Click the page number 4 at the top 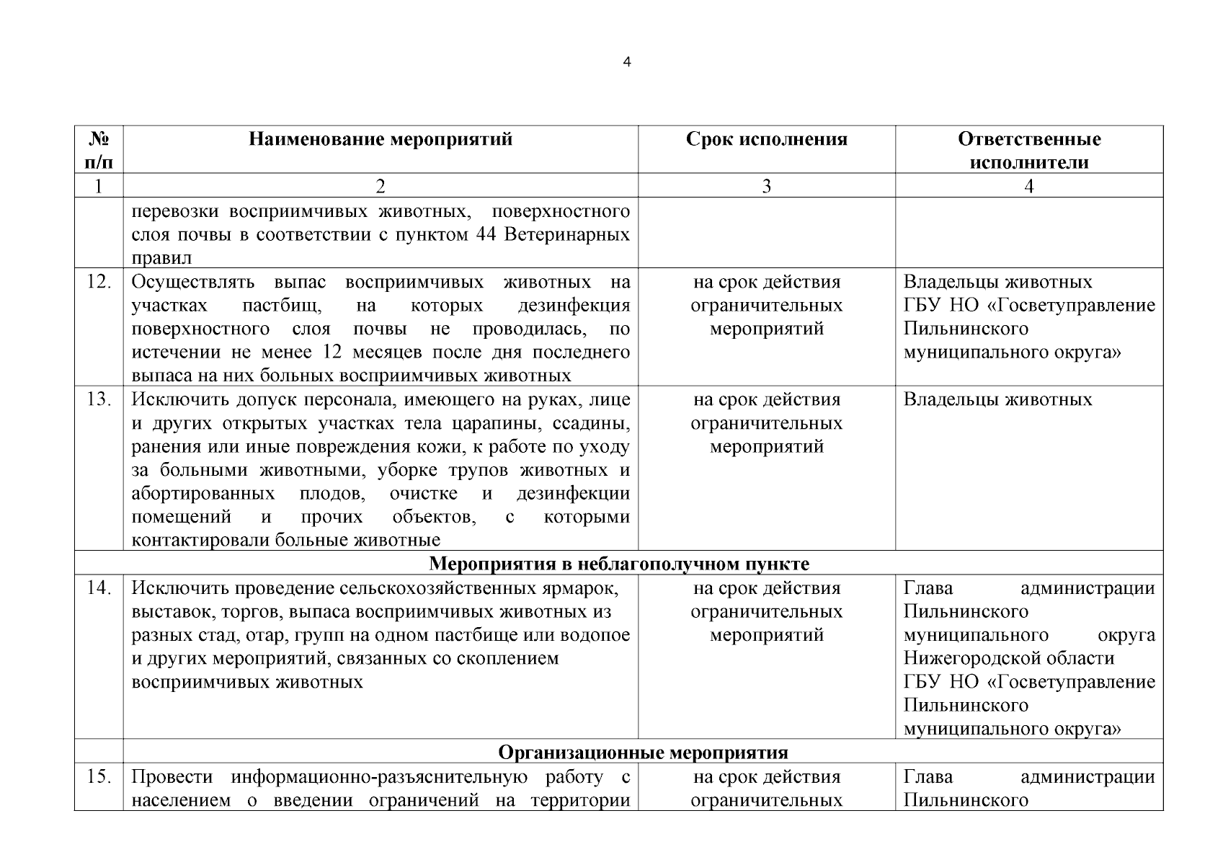[x=626, y=63]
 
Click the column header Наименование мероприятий [x=381, y=139]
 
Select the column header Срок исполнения [x=766, y=139]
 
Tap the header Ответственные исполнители [x=1028, y=150]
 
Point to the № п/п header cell [x=98, y=150]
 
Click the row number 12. [x=98, y=282]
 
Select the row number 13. [x=98, y=399]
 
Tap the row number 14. [x=98, y=588]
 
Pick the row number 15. [x=98, y=777]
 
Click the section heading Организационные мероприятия [x=643, y=753]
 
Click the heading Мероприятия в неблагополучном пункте [x=619, y=564]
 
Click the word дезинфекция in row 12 [x=573, y=306]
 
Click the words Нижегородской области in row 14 [x=1009, y=659]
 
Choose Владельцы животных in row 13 [x=997, y=399]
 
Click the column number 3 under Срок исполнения [x=766, y=186]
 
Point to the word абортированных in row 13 [x=203, y=494]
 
